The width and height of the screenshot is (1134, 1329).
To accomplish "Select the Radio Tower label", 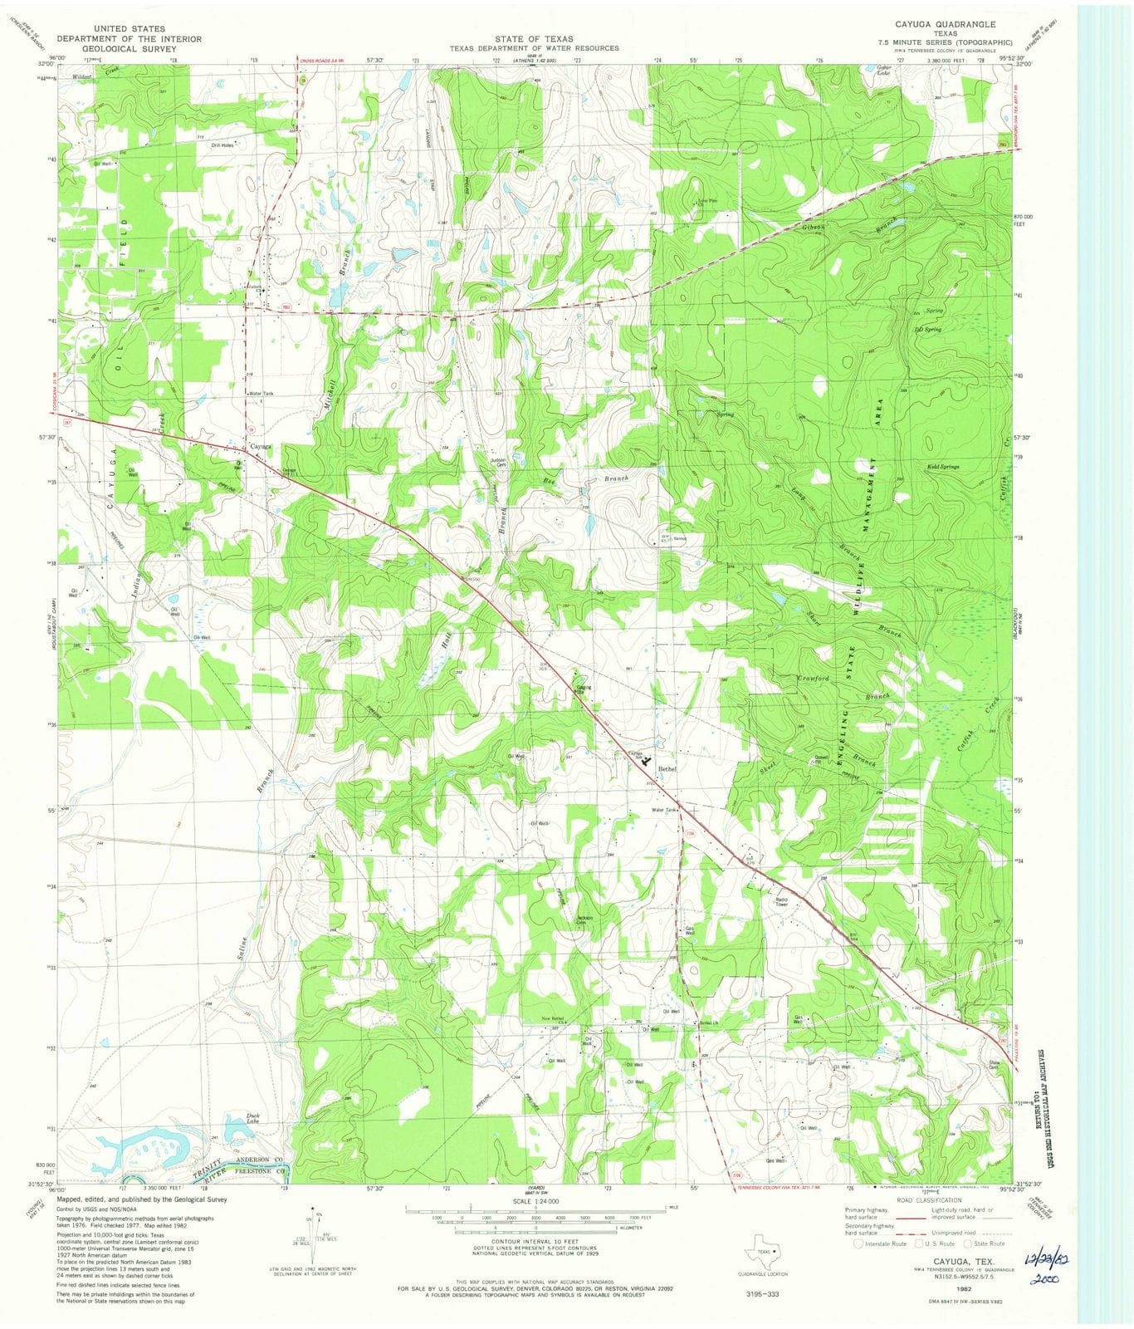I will click(x=782, y=903).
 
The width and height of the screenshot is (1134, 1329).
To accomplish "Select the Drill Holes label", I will click(x=224, y=145).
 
